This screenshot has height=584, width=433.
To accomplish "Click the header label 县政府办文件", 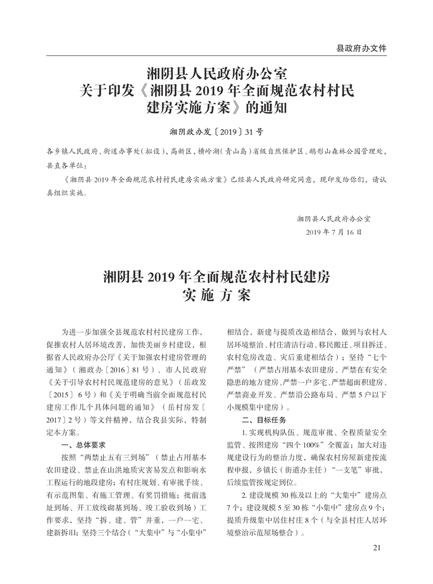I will point(361,48).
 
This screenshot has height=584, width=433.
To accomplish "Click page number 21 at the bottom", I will point(378,548).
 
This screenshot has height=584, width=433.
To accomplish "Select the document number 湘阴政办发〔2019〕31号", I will point(216,130).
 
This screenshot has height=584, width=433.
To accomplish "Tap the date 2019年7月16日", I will point(334,232).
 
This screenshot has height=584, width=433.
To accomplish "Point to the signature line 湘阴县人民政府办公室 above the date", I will point(334,218).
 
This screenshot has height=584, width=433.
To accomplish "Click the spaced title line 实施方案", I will point(216,296).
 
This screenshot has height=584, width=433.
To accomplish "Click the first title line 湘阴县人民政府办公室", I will point(216,72).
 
